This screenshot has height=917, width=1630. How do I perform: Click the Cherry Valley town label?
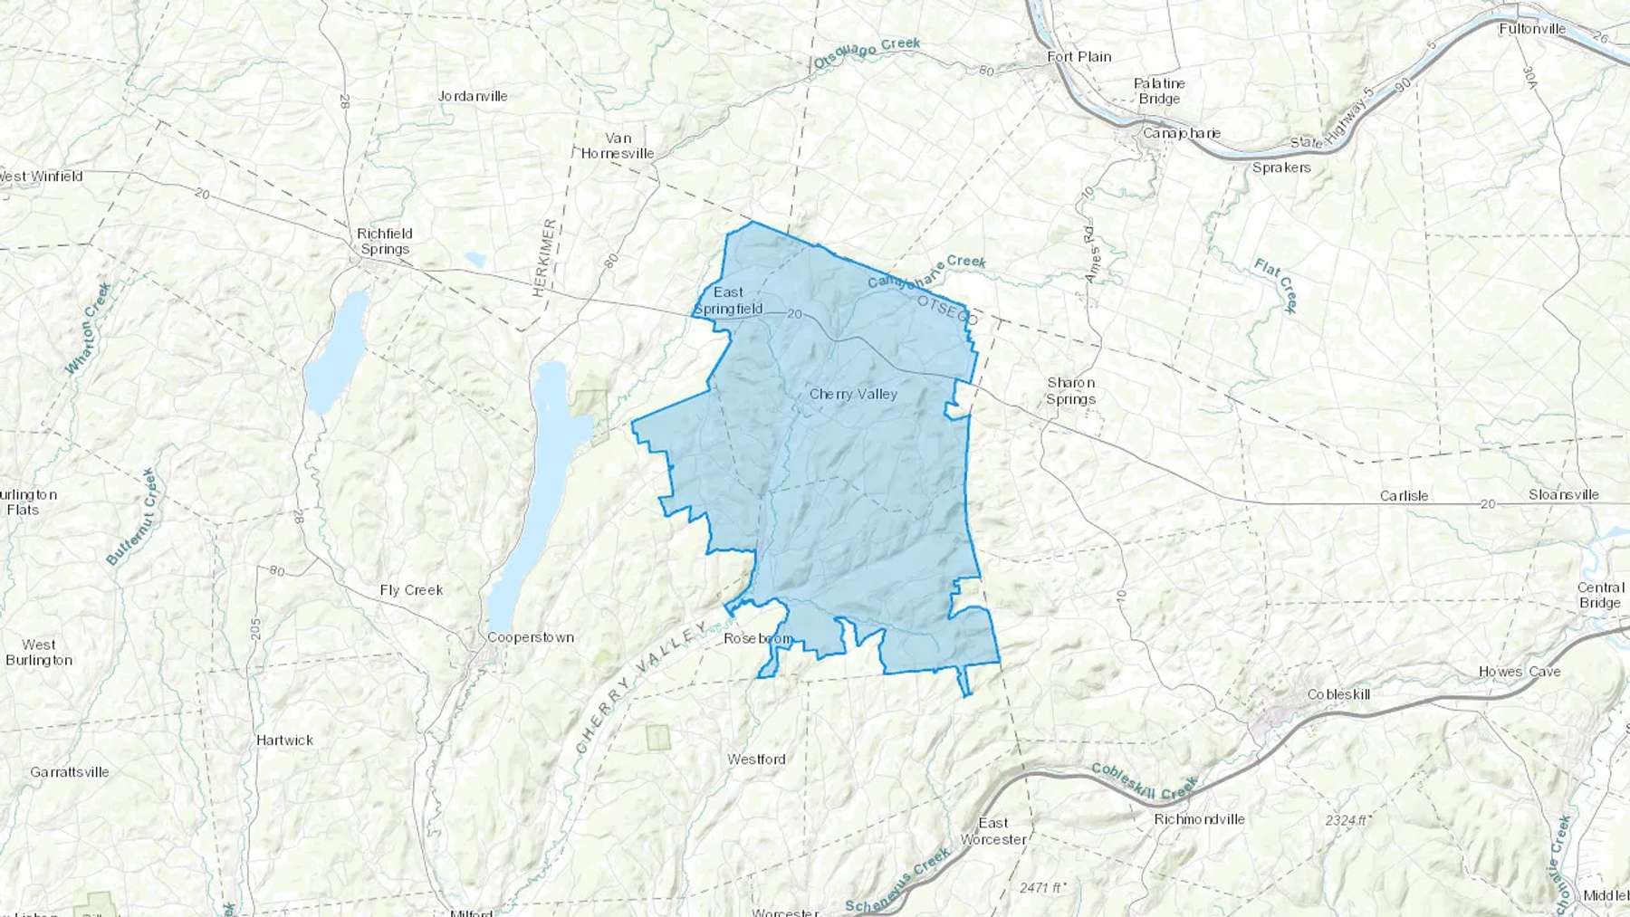pyautogui.click(x=853, y=394)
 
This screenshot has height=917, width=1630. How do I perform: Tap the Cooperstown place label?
pyautogui.click(x=531, y=637)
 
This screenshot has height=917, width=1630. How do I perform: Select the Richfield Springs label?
pyautogui.click(x=385, y=242)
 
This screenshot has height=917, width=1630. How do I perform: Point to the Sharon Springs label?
pyautogui.click(x=1070, y=391)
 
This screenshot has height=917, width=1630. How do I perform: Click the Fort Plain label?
pyautogui.click(x=1079, y=56)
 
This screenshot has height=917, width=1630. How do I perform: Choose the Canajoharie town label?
pyautogui.click(x=1181, y=133)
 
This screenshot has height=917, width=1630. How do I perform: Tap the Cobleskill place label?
pyautogui.click(x=1338, y=694)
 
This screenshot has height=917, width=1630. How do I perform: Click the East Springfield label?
pyautogui.click(x=728, y=301)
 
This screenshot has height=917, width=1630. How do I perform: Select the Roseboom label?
pyautogui.click(x=759, y=638)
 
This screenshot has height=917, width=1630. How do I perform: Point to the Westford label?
pyautogui.click(x=756, y=759)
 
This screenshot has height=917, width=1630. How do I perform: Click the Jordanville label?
pyautogui.click(x=473, y=96)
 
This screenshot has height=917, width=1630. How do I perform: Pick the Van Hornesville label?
pyautogui.click(x=618, y=146)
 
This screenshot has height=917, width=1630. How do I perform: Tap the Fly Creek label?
pyautogui.click(x=411, y=590)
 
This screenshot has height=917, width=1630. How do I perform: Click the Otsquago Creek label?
pyautogui.click(x=867, y=53)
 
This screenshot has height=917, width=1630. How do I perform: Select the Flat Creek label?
pyautogui.click(x=1277, y=285)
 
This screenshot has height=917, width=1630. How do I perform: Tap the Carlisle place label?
pyautogui.click(x=1404, y=496)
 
